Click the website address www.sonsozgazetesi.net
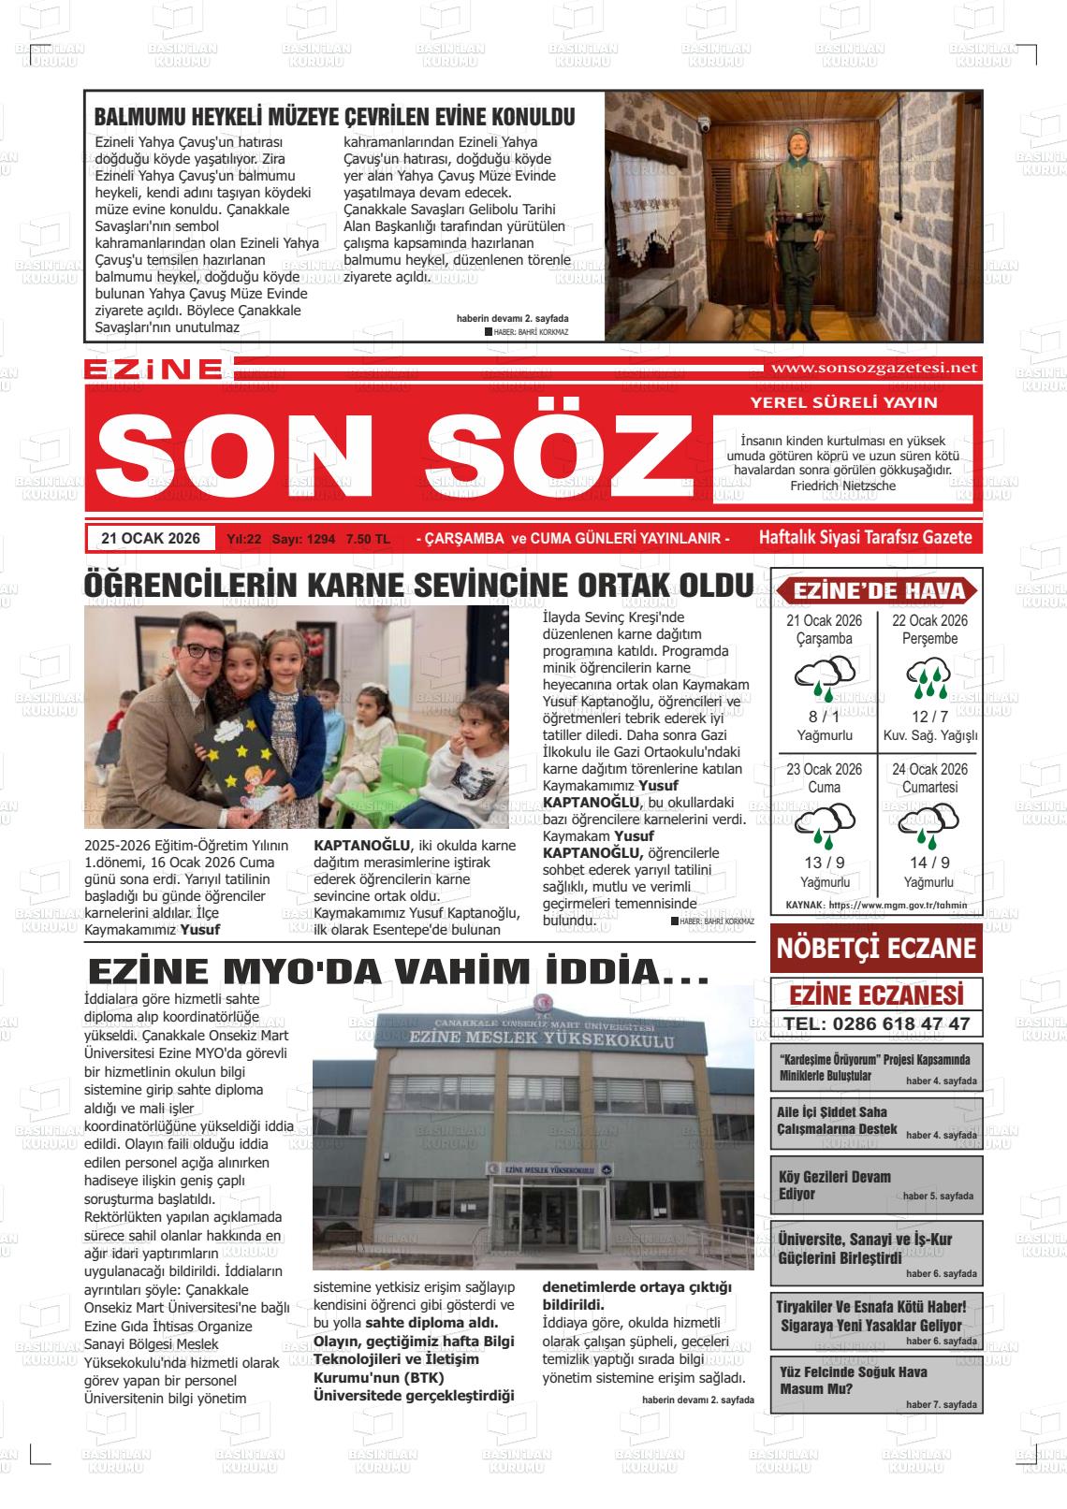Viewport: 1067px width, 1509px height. pos(871,368)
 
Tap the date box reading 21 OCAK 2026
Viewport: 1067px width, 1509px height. pos(151,538)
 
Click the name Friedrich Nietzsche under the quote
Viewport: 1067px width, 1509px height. pos(842,486)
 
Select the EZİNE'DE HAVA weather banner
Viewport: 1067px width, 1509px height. pos(877,590)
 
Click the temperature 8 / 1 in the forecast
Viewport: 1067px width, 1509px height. pos(824,717)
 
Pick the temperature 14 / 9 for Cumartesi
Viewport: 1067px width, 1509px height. pos(929,863)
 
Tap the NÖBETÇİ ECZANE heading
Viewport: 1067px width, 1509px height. pos(875,949)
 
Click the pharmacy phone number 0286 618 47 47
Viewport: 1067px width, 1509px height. pos(876,1023)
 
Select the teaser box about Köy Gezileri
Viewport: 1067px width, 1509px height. pos(875,1185)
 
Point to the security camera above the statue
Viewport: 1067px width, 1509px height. pos(704,123)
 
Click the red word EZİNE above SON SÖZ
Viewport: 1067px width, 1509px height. pos(153,370)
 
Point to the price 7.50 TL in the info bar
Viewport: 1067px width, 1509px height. pos(368,539)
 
